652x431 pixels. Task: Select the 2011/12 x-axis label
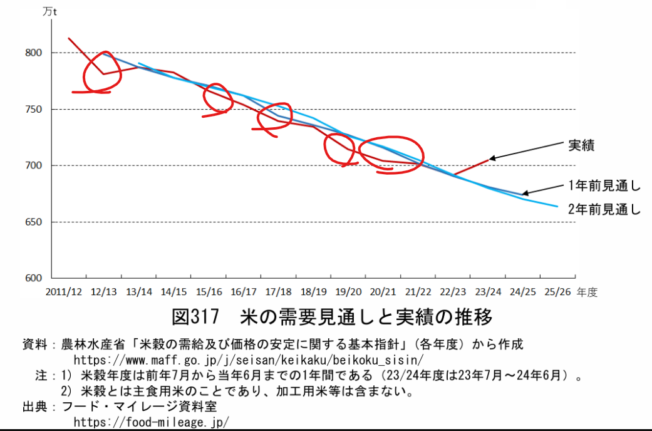(x=64, y=292)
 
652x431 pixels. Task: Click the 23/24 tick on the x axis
(x=488, y=292)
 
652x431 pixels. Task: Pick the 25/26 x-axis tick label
(x=557, y=292)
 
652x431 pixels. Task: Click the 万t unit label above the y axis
(x=49, y=11)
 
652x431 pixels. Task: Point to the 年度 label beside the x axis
(x=588, y=292)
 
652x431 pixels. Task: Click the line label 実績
(x=581, y=145)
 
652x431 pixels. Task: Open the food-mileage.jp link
(x=152, y=421)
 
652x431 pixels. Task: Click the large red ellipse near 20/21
(x=391, y=154)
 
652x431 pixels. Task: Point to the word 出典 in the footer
(x=35, y=406)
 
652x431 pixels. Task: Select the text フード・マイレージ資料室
(x=138, y=406)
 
